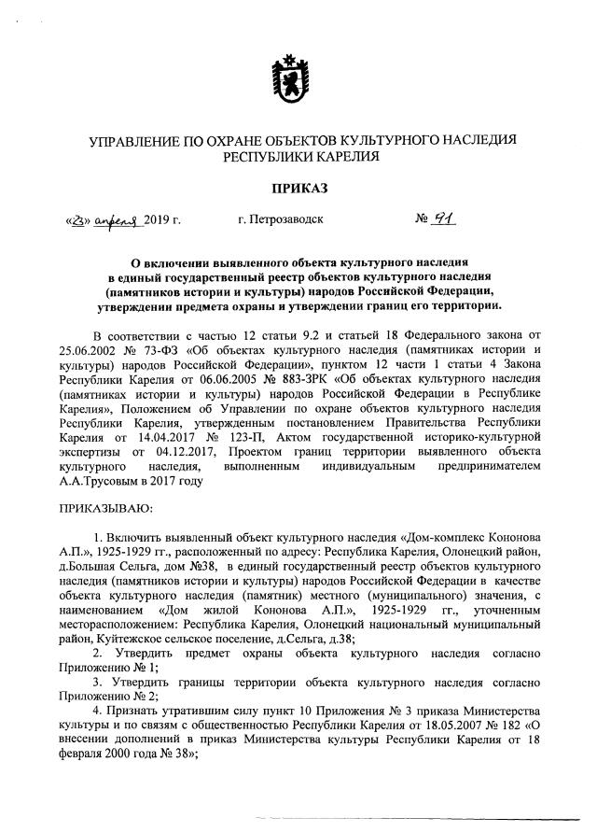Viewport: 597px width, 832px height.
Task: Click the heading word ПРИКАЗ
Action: [298, 187]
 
